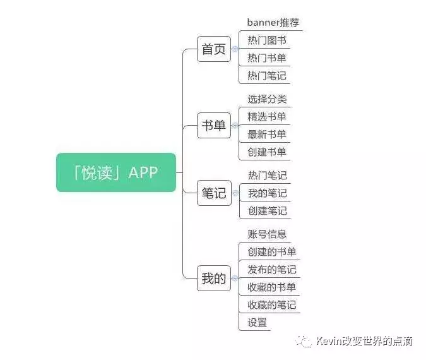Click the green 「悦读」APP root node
coord(116,172)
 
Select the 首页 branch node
coord(214,49)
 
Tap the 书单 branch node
coord(214,126)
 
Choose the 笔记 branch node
coord(214,193)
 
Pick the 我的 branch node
coord(214,278)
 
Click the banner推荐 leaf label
coord(273,23)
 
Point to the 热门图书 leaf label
coord(267,40)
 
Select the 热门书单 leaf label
coord(267,58)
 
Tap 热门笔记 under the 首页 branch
coord(267,76)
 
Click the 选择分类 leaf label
coord(267,99)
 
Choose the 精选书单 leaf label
coord(267,116)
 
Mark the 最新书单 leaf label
coord(267,134)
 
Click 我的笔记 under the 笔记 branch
coord(267,193)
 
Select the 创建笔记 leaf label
coord(267,211)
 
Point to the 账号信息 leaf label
coord(267,234)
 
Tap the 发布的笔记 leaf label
coord(272,270)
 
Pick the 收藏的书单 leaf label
coord(272,287)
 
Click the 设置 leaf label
coord(257,322)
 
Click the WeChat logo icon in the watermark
coord(305,342)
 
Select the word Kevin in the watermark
coord(329,342)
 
